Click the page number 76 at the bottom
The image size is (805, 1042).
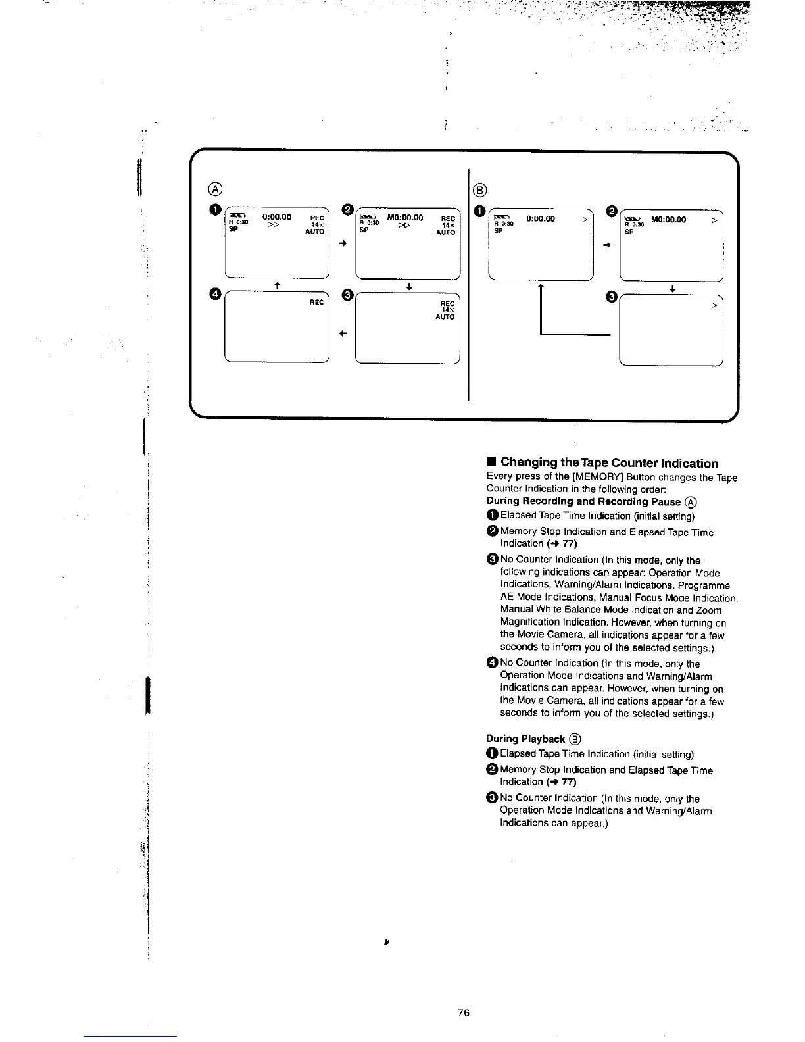pyautogui.click(x=464, y=1013)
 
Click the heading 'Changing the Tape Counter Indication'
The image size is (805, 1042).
pyautogui.click(x=609, y=463)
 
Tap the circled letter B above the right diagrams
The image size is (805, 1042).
pyautogui.click(x=480, y=191)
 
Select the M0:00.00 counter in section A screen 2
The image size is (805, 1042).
pyautogui.click(x=404, y=218)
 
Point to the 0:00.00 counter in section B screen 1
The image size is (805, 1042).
pyautogui.click(x=541, y=219)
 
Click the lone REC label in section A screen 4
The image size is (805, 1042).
pyautogui.click(x=316, y=302)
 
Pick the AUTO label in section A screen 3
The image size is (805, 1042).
pyautogui.click(x=445, y=317)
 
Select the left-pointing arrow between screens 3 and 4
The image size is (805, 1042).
pyautogui.click(x=342, y=334)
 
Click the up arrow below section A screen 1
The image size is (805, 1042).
pyautogui.click(x=278, y=285)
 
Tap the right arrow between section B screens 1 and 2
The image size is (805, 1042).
pyautogui.click(x=607, y=245)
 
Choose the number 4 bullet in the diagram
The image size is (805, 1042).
pyautogui.click(x=213, y=293)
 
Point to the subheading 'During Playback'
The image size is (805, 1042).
pyautogui.click(x=525, y=739)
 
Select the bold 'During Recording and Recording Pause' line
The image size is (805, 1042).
pyautogui.click(x=583, y=501)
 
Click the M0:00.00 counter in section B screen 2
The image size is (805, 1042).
pyautogui.click(x=668, y=220)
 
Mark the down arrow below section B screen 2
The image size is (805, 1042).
pyautogui.click(x=672, y=288)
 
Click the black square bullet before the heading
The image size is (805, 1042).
pyautogui.click(x=491, y=463)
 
